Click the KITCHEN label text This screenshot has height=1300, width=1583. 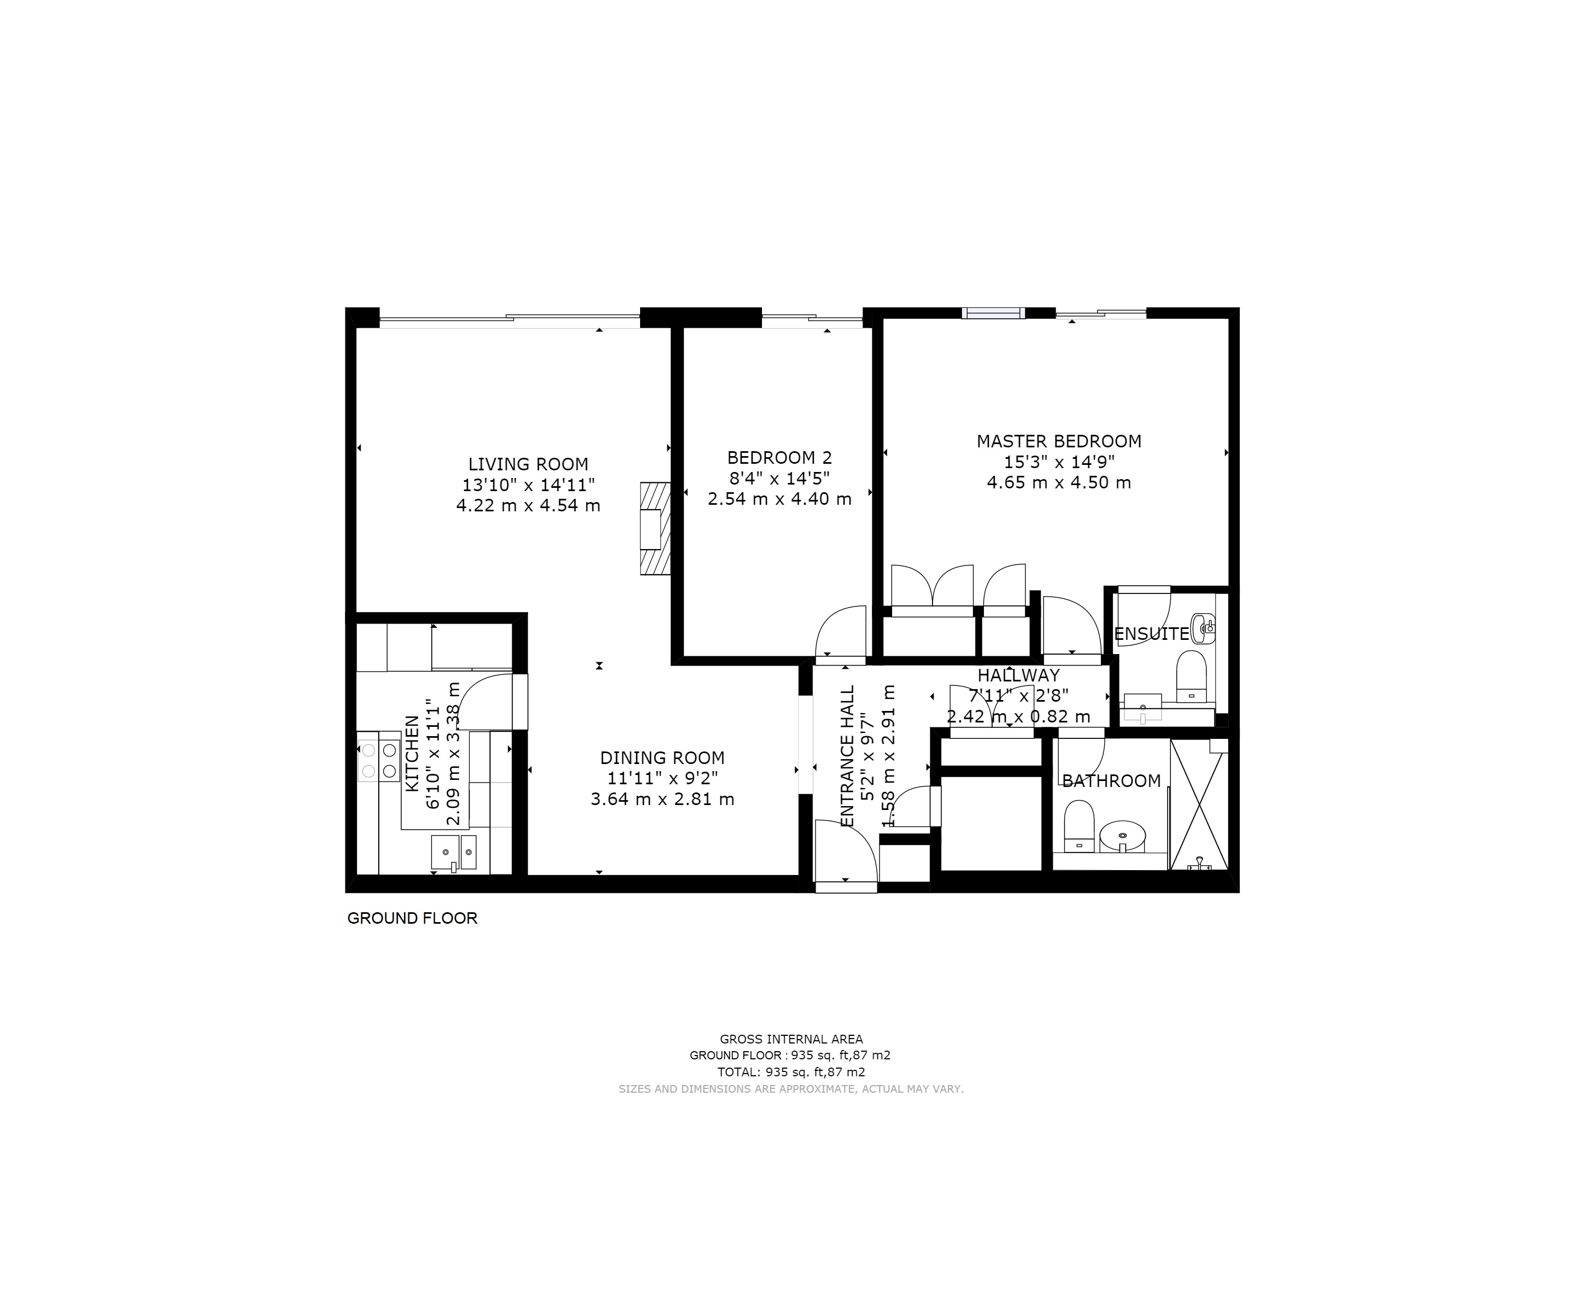tap(412, 753)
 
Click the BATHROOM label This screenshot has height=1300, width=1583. tap(1111, 781)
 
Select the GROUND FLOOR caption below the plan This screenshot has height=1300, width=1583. tap(412, 918)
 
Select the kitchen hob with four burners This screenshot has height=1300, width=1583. tap(379, 760)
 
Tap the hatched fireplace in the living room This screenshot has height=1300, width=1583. tap(655, 529)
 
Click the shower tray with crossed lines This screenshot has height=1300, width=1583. tap(1199, 805)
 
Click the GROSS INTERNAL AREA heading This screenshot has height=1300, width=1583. tap(791, 1040)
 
